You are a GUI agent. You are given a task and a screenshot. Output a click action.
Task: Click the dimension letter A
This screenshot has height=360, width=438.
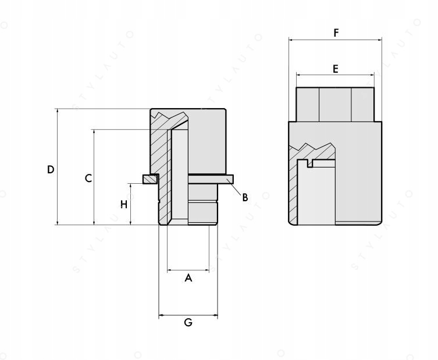188,279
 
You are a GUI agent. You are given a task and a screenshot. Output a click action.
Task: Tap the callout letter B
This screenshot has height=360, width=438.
245,197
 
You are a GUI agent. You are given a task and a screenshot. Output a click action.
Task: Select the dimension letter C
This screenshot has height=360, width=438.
88,178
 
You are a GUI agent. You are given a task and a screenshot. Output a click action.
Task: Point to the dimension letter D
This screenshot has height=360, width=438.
51,169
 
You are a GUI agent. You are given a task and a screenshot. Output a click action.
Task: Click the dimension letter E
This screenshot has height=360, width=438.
335,69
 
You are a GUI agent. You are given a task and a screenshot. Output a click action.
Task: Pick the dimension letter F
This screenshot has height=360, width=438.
336,33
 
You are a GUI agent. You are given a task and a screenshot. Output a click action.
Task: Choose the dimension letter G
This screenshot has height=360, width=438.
188,322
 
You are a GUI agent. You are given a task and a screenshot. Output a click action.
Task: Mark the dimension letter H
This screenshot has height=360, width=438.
123,204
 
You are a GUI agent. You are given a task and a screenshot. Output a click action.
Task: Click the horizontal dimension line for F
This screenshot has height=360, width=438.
336,40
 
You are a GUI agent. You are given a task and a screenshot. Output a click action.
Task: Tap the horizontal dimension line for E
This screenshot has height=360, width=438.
335,75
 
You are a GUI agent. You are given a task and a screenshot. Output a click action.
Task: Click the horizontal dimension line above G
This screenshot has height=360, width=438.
188,316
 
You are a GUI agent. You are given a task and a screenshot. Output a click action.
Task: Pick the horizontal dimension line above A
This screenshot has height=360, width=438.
188,270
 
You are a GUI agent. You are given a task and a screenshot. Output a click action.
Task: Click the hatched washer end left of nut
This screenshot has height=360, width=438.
149,179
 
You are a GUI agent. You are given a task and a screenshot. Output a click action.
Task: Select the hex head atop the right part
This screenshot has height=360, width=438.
335,104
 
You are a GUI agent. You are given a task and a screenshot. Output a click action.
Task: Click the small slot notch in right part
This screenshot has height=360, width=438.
310,164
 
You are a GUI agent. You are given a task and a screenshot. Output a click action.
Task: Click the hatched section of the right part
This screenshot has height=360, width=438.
294,186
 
